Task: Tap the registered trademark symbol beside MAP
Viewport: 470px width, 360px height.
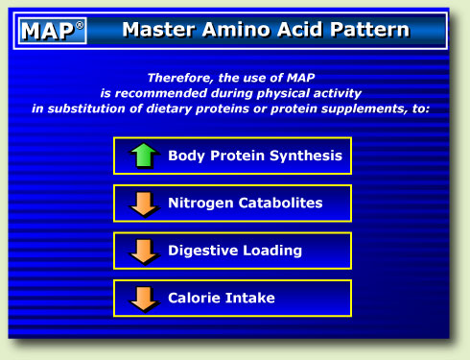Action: [80, 25]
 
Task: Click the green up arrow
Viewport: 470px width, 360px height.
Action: [143, 156]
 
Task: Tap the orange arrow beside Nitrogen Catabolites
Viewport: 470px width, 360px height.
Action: [143, 204]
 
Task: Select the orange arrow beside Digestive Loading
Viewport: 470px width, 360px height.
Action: [143, 251]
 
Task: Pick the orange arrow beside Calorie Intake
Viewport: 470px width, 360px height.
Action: [143, 298]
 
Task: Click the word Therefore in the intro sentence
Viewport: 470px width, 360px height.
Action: [180, 77]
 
